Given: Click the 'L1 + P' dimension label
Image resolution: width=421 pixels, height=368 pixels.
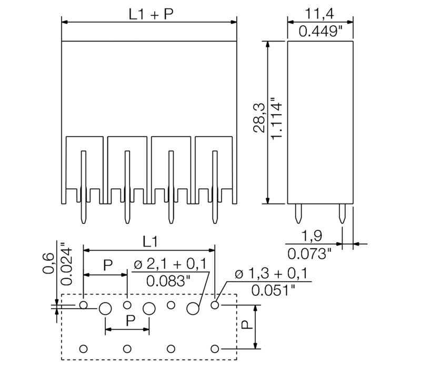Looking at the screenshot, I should click(151, 14).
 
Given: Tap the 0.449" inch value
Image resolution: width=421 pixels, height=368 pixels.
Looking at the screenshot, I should click(320, 31).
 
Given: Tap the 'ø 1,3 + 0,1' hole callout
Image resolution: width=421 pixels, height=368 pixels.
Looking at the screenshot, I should click(272, 273).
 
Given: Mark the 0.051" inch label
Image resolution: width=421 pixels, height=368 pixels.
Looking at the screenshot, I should click(273, 290).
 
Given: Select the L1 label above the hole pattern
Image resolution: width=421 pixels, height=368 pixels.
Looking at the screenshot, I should click(149, 241).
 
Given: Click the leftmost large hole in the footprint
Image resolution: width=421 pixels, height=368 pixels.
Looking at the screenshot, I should click(105, 309).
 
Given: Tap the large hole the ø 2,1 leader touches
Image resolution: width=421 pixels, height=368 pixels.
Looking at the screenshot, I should click(193, 309).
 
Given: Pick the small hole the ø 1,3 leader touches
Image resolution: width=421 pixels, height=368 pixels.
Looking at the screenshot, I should click(215, 305).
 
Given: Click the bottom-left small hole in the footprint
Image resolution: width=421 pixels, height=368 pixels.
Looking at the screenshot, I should click(83, 349).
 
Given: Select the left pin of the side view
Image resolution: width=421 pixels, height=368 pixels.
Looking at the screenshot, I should click(298, 214).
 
